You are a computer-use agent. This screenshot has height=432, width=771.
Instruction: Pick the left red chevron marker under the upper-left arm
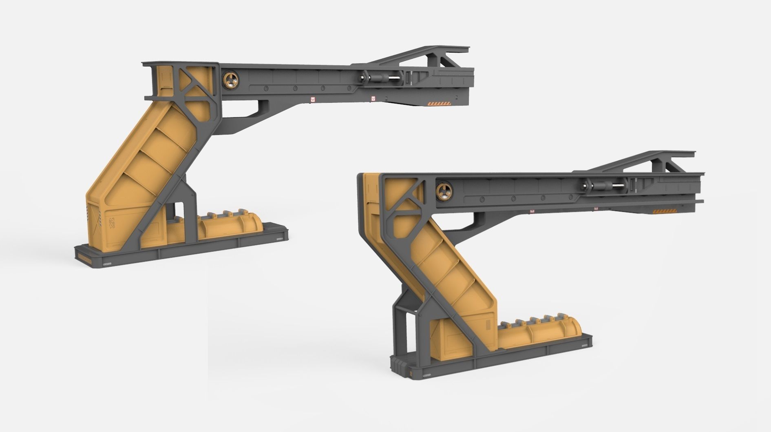pyautogui.click(x=312, y=99)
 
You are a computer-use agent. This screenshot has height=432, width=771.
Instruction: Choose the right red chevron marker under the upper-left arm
pyautogui.click(x=373, y=98)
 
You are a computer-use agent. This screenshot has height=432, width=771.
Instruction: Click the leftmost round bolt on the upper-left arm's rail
pyautogui.click(x=265, y=88)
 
